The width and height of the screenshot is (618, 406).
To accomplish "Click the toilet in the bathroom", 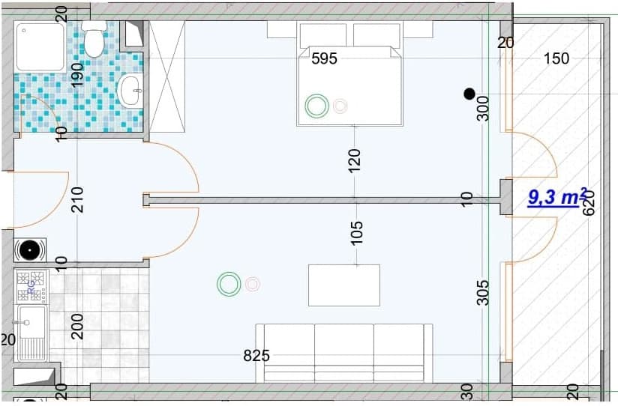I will (x=94, y=40).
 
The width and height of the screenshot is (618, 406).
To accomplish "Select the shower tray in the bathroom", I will (x=42, y=46).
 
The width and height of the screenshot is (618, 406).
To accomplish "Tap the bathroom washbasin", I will (x=130, y=91).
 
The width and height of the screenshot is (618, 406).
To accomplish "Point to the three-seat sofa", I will (x=344, y=354).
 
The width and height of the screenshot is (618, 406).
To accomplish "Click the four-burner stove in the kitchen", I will (x=31, y=285).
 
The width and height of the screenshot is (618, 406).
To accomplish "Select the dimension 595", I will (x=324, y=58).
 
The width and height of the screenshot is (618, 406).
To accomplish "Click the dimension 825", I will (x=256, y=356).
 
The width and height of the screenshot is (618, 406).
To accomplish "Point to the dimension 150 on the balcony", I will (x=556, y=58).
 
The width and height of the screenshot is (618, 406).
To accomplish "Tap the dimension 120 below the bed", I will (x=355, y=161).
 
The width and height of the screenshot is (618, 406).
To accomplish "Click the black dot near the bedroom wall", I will (x=469, y=94).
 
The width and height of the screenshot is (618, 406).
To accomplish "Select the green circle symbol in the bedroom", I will (x=316, y=106).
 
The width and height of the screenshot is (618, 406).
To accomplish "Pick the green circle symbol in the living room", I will (x=229, y=284).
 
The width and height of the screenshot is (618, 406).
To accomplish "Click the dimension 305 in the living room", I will (x=483, y=292).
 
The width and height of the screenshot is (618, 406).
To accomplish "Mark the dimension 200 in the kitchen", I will (x=77, y=326).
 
